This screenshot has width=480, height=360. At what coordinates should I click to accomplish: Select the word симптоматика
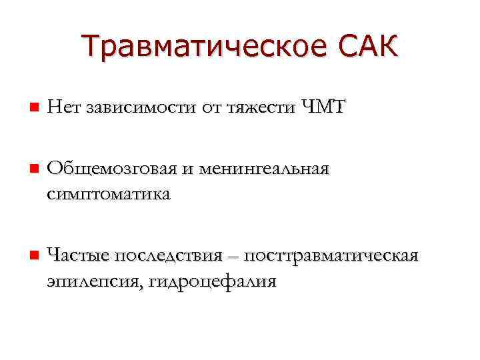point(109,194)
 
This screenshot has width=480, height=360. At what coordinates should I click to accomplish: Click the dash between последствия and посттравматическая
point(235,257)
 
